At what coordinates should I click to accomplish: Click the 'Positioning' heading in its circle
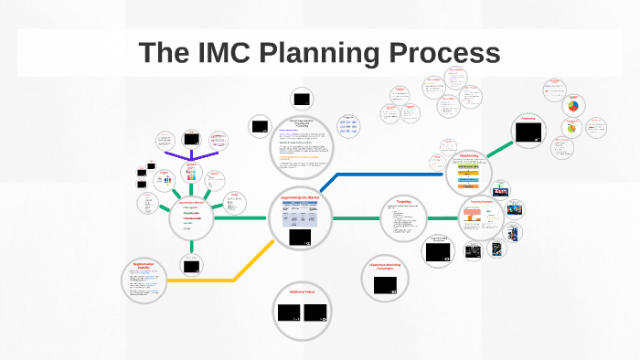(x=470, y=156)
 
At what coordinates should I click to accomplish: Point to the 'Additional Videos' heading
(x=302, y=291)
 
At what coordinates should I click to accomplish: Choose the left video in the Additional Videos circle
(x=289, y=312)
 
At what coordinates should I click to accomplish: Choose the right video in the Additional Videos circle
(x=316, y=312)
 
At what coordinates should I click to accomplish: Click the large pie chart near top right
(x=573, y=106)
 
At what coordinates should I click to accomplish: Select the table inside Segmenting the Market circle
(x=302, y=217)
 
